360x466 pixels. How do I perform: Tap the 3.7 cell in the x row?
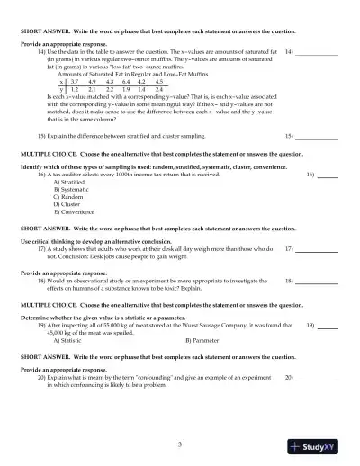(x=75, y=82)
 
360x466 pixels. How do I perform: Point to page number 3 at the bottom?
(x=180, y=444)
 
